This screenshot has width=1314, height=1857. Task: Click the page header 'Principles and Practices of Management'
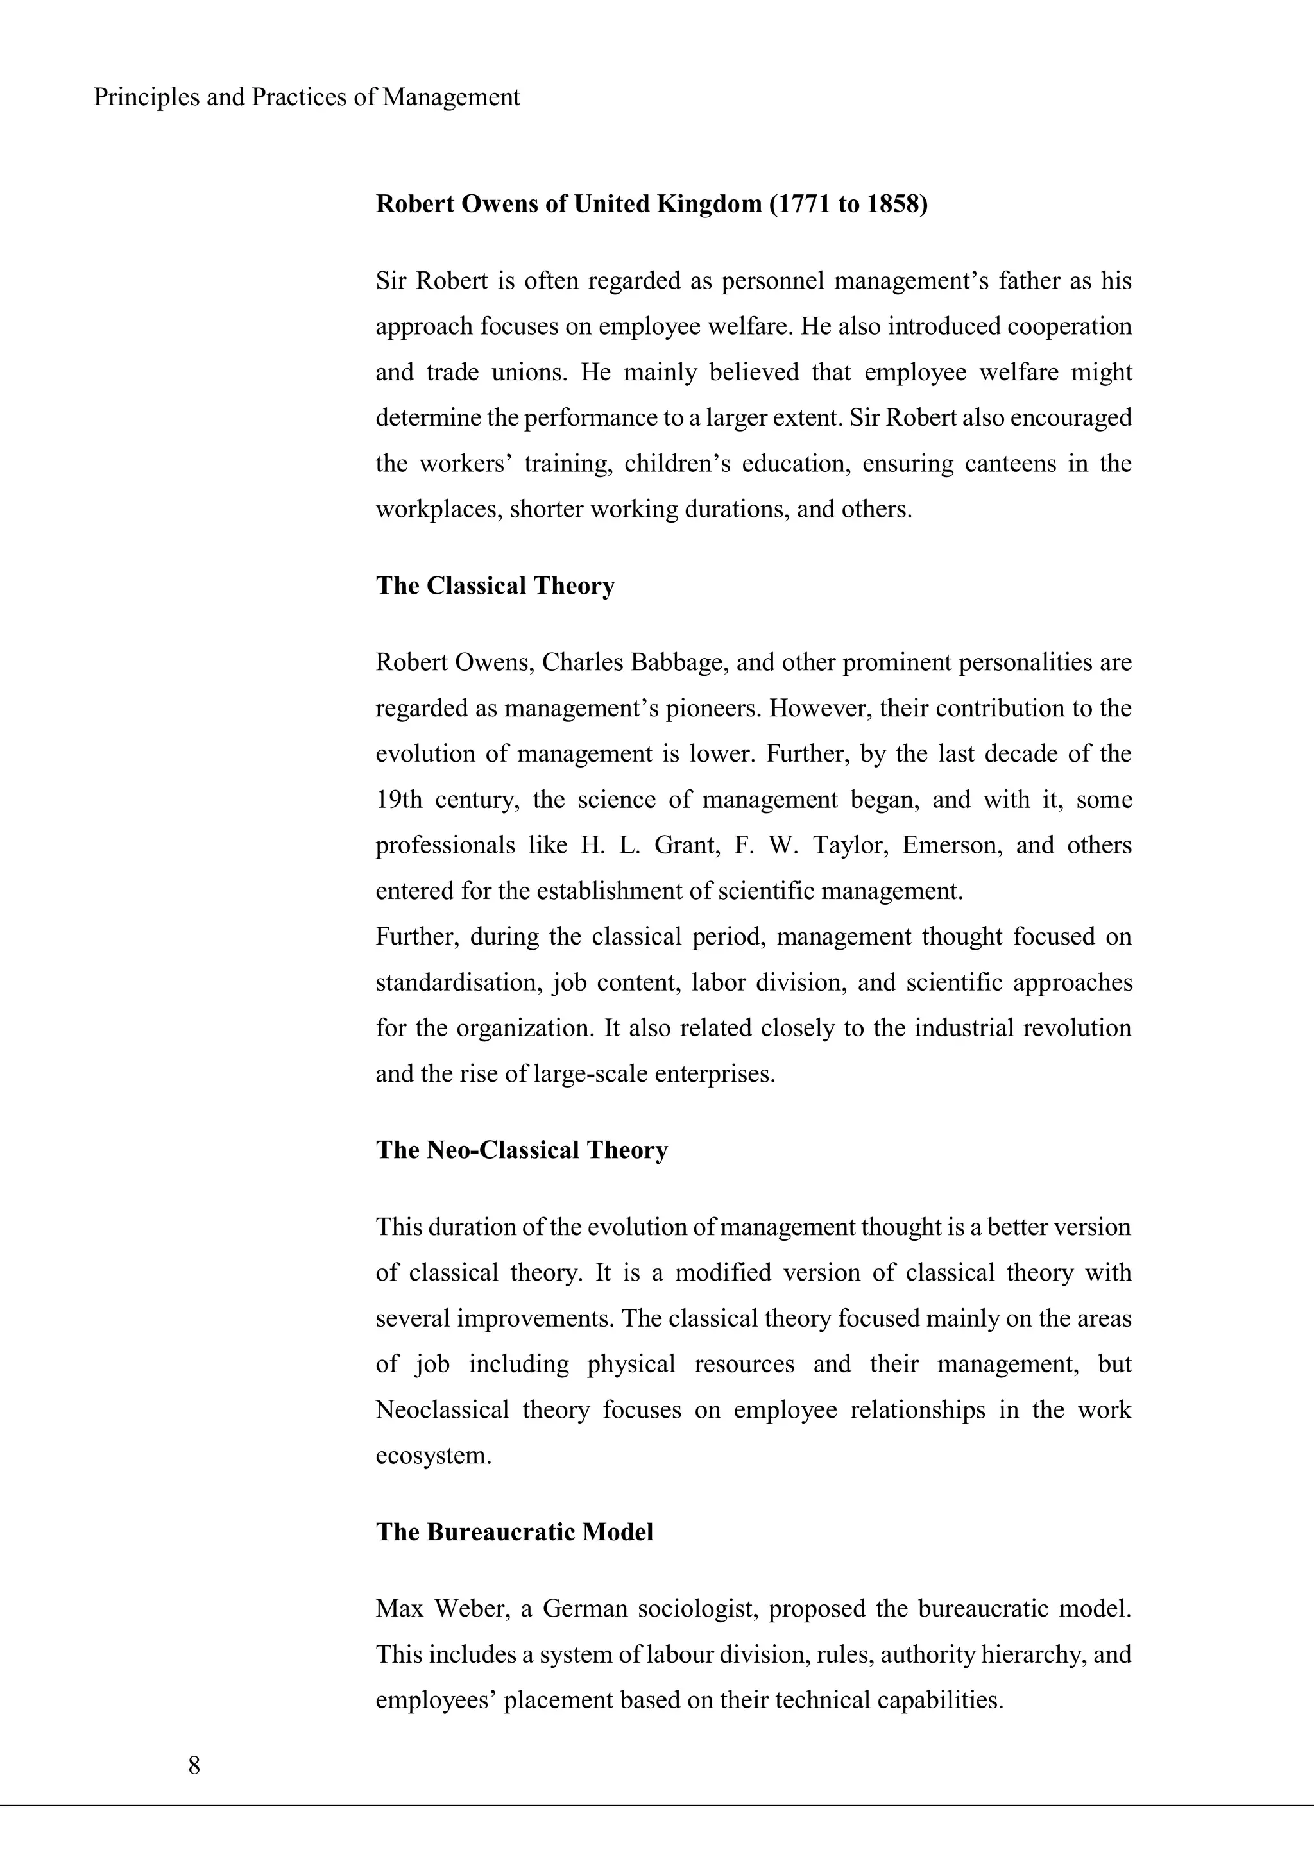click(x=307, y=97)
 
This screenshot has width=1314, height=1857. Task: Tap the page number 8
click(x=194, y=1765)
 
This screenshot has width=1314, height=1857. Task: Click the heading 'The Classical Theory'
click(x=495, y=585)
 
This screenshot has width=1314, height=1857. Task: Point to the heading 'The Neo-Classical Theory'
click(x=522, y=1150)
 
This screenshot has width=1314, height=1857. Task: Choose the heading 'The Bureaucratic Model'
click(x=515, y=1532)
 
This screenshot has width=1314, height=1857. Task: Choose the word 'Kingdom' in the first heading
click(x=708, y=204)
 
